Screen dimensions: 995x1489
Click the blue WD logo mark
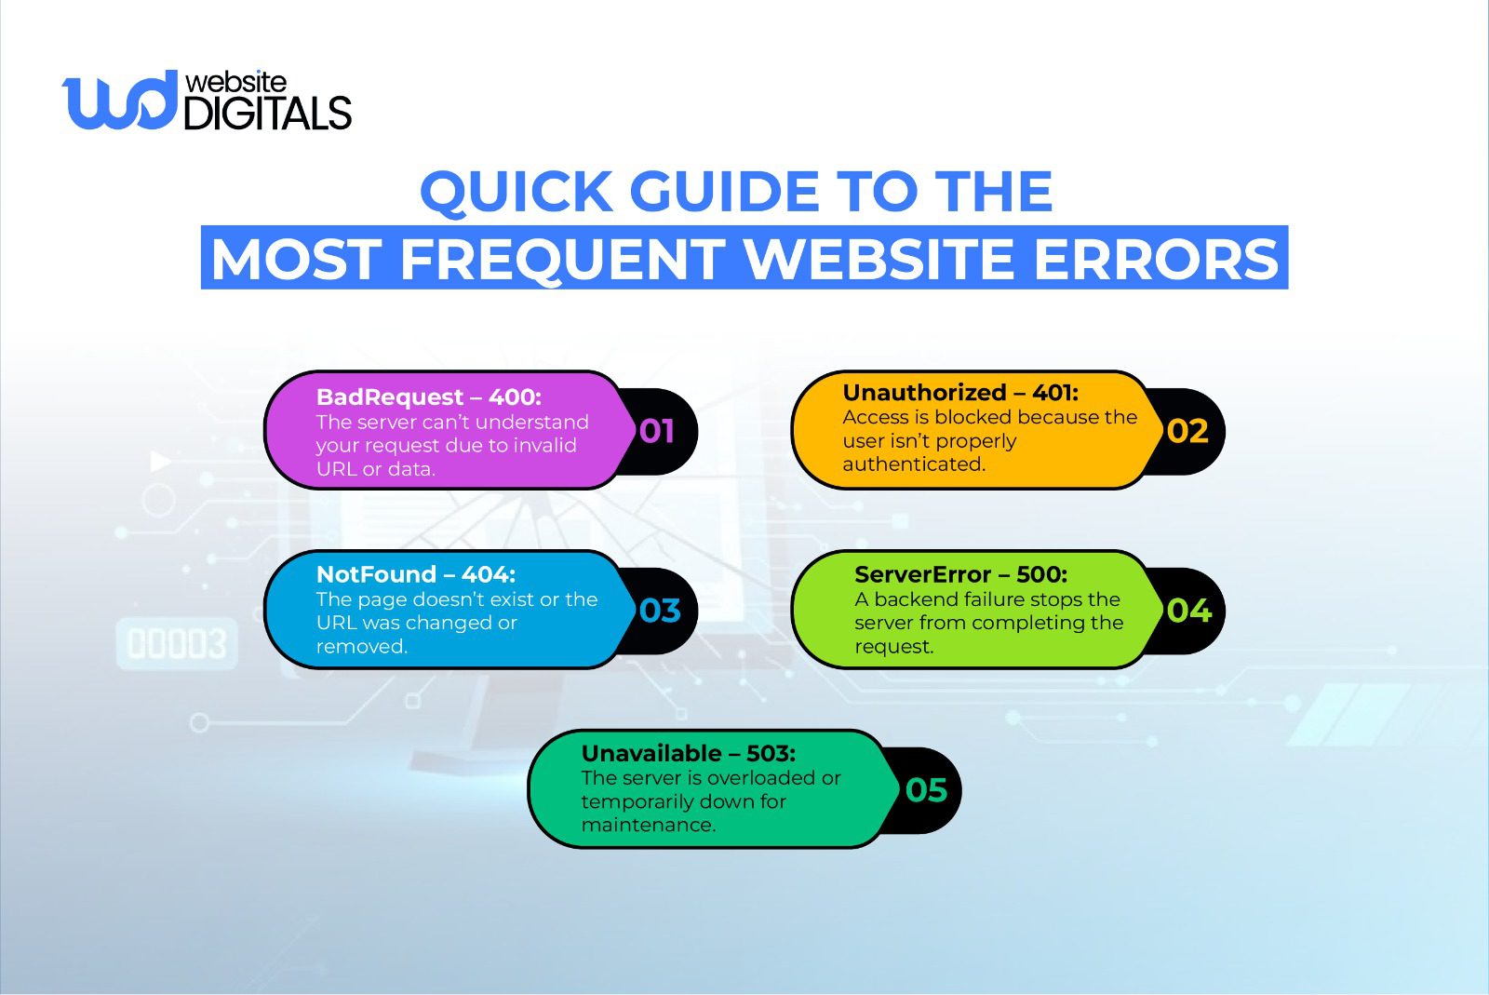[119, 100]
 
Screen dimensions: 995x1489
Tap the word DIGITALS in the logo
[268, 114]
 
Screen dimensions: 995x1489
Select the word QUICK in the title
[516, 192]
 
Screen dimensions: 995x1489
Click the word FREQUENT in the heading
[562, 259]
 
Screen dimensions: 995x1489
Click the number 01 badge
[657, 431]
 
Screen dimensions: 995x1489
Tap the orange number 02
[1187, 431]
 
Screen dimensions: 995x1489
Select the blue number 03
[660, 611]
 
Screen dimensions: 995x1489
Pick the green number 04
[1188, 611]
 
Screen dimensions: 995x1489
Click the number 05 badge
[926, 790]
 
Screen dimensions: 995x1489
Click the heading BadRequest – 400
[428, 397]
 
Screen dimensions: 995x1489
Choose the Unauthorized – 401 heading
[960, 393]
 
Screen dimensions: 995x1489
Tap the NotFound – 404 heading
[415, 574]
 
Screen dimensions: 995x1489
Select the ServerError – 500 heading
[960, 574]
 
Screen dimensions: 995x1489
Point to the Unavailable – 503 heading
[688, 753]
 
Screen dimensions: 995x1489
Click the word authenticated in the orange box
[913, 464]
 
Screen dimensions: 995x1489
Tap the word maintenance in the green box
[648, 825]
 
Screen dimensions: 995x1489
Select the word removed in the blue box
[361, 646]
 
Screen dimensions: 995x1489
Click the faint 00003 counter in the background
[177, 644]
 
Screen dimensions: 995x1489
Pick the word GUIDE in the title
[726, 192]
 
